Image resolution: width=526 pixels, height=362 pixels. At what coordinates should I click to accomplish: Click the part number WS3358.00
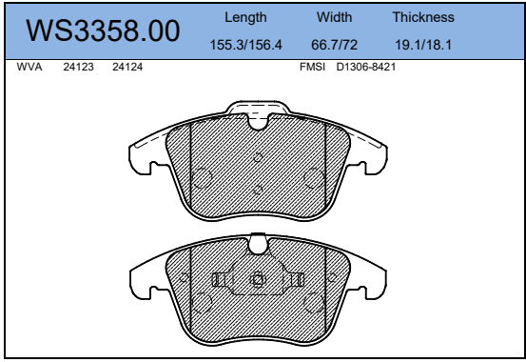[x=103, y=30]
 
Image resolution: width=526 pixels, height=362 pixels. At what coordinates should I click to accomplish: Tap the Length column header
[x=245, y=17]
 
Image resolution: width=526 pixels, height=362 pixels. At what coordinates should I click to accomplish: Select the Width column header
[x=335, y=17]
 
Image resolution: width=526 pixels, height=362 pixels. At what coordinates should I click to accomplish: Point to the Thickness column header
[x=423, y=17]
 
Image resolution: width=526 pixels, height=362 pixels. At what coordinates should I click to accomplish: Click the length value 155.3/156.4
[x=246, y=45]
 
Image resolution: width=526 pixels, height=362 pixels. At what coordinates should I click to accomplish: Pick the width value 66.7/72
[x=335, y=45]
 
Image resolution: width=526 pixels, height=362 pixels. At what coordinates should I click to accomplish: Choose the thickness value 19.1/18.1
[x=423, y=45]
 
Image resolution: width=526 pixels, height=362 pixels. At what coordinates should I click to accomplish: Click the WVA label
[x=29, y=67]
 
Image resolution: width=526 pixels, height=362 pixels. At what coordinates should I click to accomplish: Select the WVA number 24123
[x=79, y=67]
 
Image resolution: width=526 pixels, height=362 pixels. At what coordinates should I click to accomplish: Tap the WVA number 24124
[x=127, y=67]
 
